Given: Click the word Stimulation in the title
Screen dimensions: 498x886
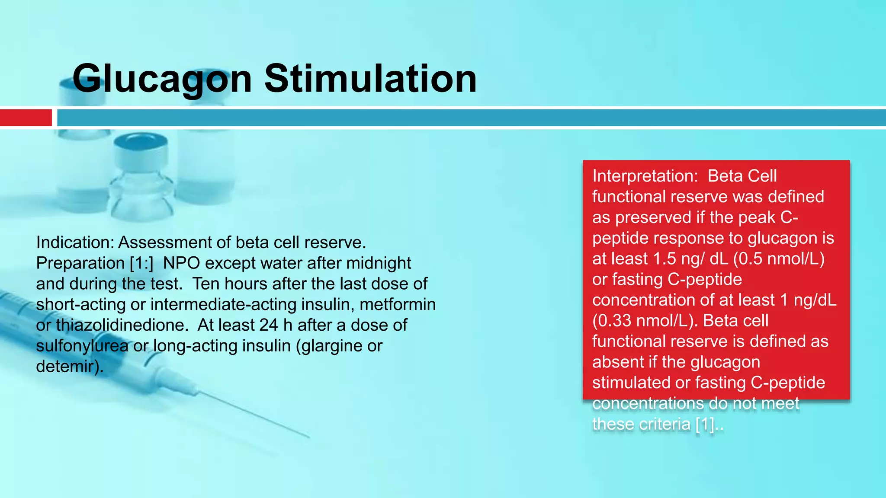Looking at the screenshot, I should [371, 79].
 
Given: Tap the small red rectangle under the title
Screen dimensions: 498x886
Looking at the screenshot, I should [26, 118].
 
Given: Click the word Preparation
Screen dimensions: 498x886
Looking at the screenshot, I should [80, 263].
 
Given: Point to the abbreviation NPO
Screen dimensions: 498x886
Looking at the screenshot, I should [181, 263].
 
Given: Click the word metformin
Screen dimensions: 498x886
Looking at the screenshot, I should [398, 304].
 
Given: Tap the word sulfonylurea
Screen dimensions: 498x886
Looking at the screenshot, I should [82, 346].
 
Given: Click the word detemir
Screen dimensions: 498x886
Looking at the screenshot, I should [68, 367].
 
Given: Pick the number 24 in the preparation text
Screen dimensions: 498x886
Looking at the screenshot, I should [269, 325].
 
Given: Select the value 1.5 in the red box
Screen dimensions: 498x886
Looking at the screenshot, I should [664, 259].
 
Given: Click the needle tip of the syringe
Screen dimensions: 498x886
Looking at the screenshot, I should [308, 437].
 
